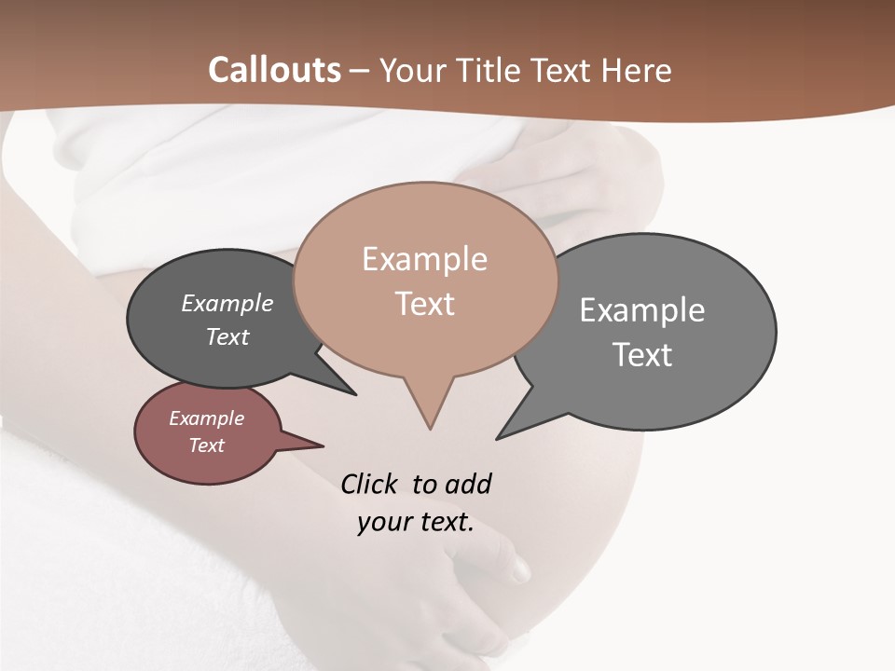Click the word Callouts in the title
pyautogui.click(x=274, y=70)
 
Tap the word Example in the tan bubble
pyautogui.click(x=424, y=259)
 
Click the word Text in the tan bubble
pyautogui.click(x=424, y=304)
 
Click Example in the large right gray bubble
pyautogui.click(x=642, y=310)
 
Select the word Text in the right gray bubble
pyautogui.click(x=642, y=355)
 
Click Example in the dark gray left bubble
pyautogui.click(x=227, y=304)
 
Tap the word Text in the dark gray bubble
pyautogui.click(x=227, y=336)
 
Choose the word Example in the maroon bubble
pyautogui.click(x=207, y=418)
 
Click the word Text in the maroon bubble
pyautogui.click(x=207, y=445)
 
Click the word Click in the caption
pyautogui.click(x=371, y=484)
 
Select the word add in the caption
pyautogui.click(x=468, y=484)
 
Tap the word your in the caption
pyautogui.click(x=382, y=522)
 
